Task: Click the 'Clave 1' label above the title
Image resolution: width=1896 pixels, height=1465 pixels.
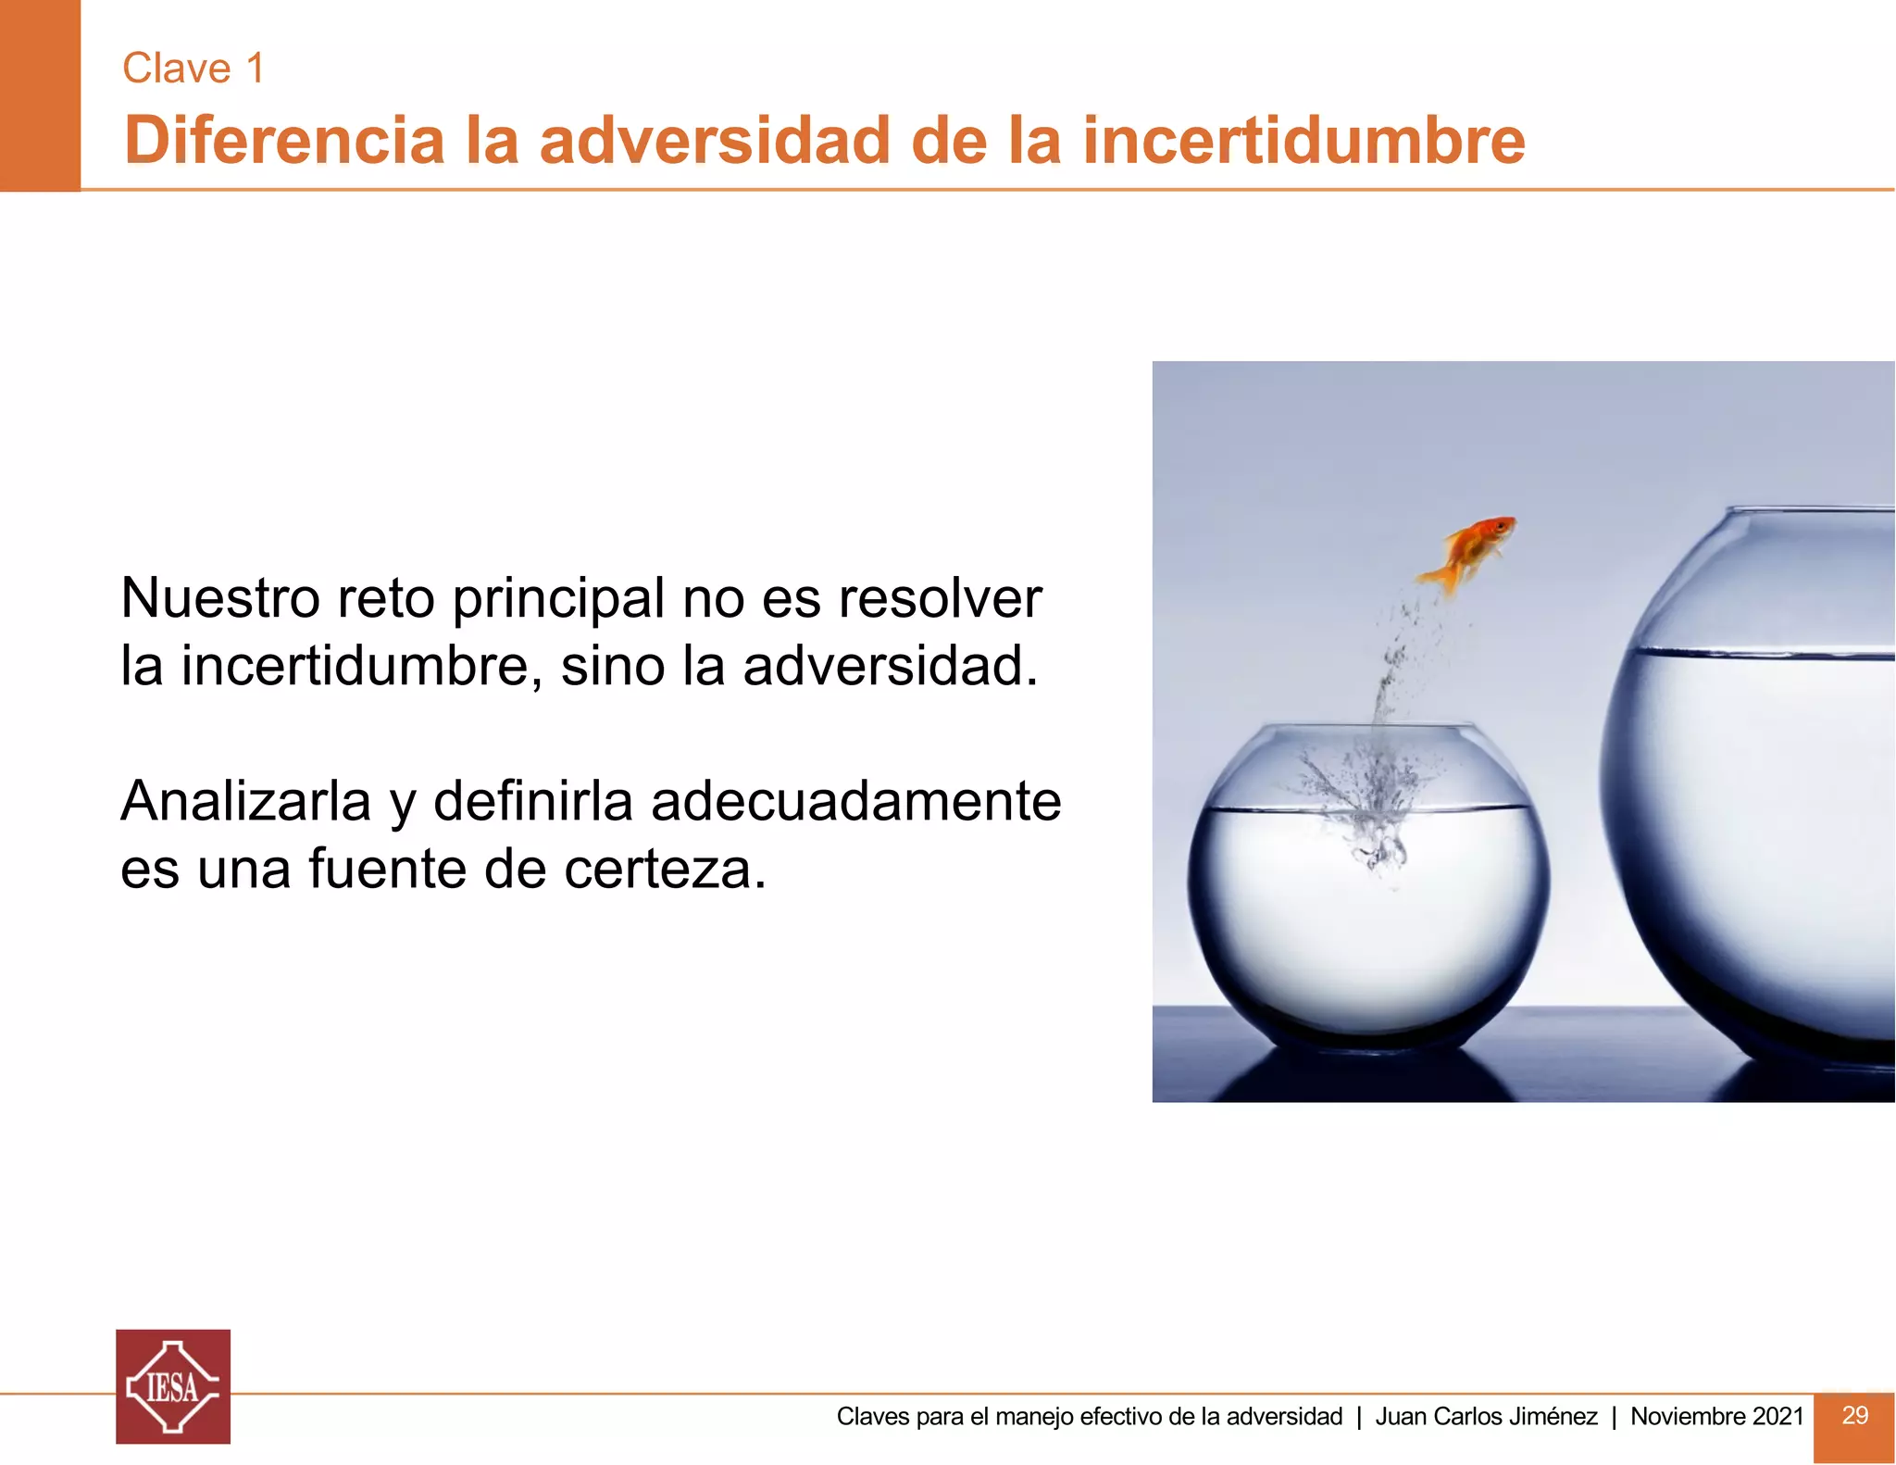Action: [193, 69]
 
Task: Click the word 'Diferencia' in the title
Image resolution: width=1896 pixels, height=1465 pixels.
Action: [284, 141]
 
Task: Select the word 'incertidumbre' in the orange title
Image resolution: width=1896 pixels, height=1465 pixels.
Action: [1303, 141]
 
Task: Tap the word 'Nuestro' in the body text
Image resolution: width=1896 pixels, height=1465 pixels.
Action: [219, 598]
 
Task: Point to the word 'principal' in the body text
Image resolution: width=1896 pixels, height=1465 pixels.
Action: [558, 600]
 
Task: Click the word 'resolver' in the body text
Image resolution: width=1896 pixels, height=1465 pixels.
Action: [940, 598]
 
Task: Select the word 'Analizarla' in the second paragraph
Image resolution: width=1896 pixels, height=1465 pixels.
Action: [245, 801]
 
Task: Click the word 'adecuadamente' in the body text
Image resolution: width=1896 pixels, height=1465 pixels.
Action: [855, 801]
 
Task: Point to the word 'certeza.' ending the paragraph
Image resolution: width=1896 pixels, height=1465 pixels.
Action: [665, 870]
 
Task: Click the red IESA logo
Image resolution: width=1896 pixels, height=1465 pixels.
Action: [173, 1386]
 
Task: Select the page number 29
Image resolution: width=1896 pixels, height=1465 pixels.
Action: [1854, 1415]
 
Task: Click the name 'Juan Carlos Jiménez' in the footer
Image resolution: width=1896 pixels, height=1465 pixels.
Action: [1486, 1417]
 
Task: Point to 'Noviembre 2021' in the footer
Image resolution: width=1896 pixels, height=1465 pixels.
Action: [1716, 1417]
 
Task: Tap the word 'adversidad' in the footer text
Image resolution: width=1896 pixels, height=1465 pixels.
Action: [1284, 1417]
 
